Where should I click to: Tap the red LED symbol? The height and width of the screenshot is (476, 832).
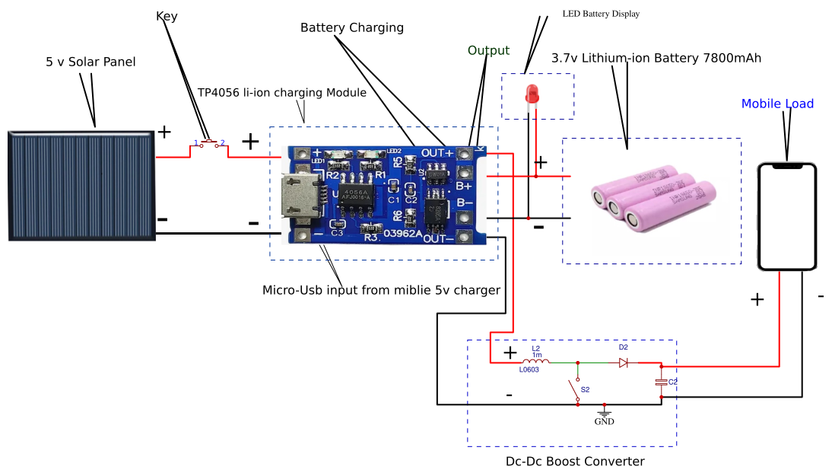pyautogui.click(x=532, y=95)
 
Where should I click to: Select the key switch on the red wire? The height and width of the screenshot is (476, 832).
pyautogui.click(x=209, y=143)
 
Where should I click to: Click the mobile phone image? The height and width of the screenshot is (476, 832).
pyautogui.click(x=788, y=216)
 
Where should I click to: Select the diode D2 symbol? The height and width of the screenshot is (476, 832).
pyautogui.click(x=623, y=363)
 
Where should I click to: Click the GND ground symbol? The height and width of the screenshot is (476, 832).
pyautogui.click(x=604, y=415)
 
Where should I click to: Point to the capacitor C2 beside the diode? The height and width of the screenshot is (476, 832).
pyautogui.click(x=662, y=381)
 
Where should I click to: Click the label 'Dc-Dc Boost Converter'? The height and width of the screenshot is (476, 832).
pyautogui.click(x=575, y=462)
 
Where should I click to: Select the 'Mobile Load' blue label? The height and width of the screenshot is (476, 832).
pyautogui.click(x=777, y=104)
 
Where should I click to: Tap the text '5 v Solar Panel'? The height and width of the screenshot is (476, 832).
pyautogui.click(x=91, y=62)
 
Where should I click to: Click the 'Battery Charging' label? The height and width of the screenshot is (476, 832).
pyautogui.click(x=352, y=28)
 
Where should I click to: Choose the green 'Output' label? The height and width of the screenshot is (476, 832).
pyautogui.click(x=488, y=51)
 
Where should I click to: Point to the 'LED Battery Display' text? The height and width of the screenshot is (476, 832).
pyautogui.click(x=601, y=14)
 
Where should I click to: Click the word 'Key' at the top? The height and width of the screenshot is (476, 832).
pyautogui.click(x=167, y=16)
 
